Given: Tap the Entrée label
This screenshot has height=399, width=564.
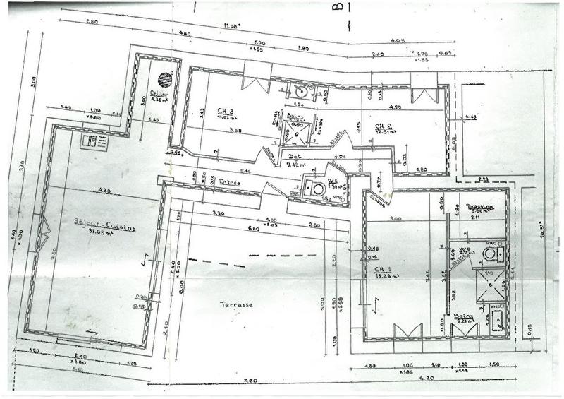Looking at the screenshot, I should (229, 182).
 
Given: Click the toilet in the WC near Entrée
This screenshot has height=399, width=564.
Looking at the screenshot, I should (319, 189).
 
